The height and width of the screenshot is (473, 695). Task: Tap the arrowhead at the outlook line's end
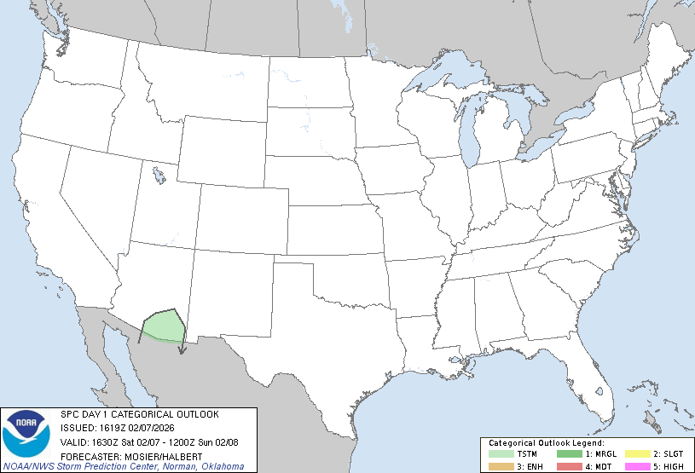pos(182,348)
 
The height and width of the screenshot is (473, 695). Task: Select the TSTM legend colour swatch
pos(499,454)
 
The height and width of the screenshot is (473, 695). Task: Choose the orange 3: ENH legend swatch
pos(499,466)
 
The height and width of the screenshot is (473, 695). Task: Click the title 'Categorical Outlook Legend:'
pos(546,444)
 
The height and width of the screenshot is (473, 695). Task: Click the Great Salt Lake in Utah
pos(159,177)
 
